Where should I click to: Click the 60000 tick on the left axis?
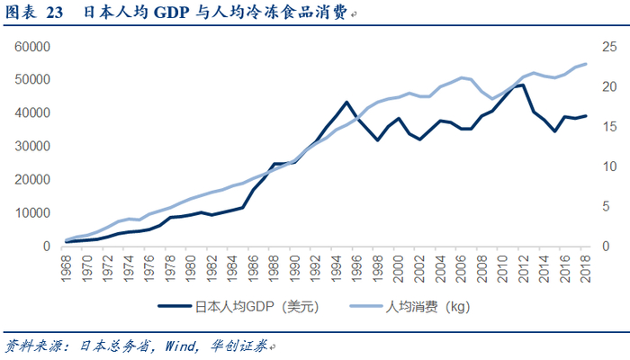(30, 47)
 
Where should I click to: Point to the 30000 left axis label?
(30, 147)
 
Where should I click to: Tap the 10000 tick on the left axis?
(30, 213)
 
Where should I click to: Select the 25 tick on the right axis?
(609, 47)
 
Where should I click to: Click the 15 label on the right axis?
(609, 127)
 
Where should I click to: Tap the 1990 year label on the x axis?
(293, 266)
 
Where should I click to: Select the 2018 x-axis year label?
(584, 266)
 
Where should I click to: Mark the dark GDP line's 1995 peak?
(346, 102)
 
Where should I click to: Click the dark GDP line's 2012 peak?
(523, 85)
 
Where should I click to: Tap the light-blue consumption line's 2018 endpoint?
(585, 64)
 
